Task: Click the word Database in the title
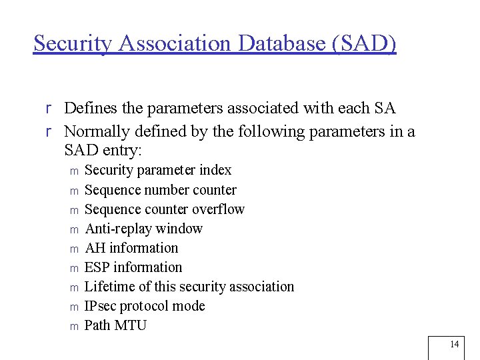coord(279,43)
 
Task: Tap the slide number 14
coord(455,344)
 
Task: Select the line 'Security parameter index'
coord(158,170)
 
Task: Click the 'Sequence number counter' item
coord(161,189)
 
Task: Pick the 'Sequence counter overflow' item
coord(165,209)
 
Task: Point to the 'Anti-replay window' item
coord(144,228)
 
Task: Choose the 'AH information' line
coord(132,247)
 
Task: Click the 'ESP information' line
coord(133,267)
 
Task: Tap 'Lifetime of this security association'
coord(189,286)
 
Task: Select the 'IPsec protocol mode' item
coord(145,305)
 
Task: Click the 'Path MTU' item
coord(115,325)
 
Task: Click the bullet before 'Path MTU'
coord(74,326)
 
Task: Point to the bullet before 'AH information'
coord(74,249)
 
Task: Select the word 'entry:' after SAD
coord(126,150)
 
